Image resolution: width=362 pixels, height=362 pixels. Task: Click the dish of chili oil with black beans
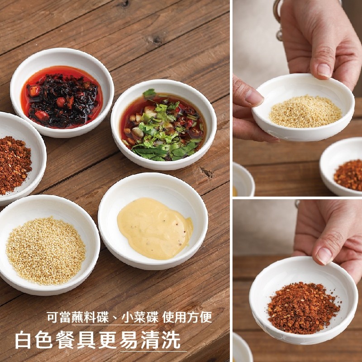pos(62,93)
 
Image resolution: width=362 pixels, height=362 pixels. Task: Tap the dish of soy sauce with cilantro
pos(163,125)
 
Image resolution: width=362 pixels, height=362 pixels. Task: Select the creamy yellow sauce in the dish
pos(155,229)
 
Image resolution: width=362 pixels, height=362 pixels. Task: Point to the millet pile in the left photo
pos(46,251)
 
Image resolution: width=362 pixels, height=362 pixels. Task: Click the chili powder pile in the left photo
pos(14,165)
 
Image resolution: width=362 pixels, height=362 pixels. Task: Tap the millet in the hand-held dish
pos(305,111)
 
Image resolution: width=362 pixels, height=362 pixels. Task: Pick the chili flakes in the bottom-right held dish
pos(303,308)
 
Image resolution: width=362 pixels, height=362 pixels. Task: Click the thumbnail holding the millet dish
pos(324,70)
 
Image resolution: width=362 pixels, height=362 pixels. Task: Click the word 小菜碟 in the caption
pos(140,318)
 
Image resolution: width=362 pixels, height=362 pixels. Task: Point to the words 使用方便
pos(187,318)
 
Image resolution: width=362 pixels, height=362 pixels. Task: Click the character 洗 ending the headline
pos(171,340)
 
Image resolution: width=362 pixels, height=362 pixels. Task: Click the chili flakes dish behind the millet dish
pos(341,167)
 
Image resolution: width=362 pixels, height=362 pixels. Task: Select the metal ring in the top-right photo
pos(278,19)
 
